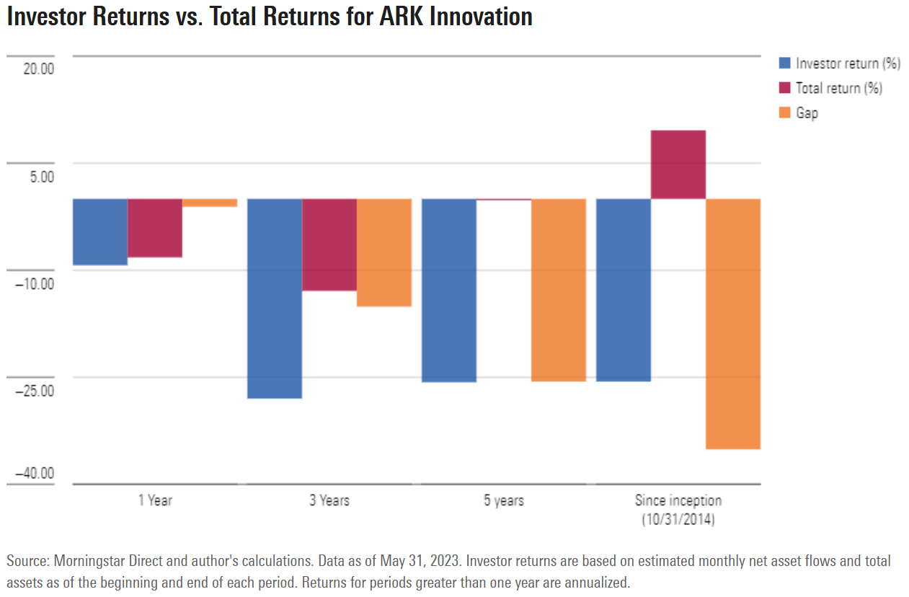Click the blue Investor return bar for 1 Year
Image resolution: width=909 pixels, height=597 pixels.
pyautogui.click(x=100, y=231)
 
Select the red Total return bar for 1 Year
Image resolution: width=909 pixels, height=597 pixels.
pyautogui.click(x=155, y=228)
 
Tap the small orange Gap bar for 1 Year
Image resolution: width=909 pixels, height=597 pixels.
pyautogui.click(x=210, y=203)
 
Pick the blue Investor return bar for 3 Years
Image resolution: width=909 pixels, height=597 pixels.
pyautogui.click(x=275, y=298)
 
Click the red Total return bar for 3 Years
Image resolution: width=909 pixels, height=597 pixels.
pyautogui.click(x=329, y=244)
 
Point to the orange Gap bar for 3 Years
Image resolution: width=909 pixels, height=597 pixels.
pyautogui.click(x=384, y=252)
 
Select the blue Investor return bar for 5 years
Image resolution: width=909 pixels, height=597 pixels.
pyautogui.click(x=449, y=290)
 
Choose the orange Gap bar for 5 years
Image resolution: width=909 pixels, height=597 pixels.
pyautogui.click(x=559, y=290)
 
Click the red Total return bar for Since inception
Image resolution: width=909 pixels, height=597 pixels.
pyautogui.click(x=678, y=164)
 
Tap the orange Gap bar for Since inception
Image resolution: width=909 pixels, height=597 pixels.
pyautogui.click(x=733, y=324)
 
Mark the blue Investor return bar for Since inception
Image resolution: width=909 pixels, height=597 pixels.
pyautogui.click(x=624, y=290)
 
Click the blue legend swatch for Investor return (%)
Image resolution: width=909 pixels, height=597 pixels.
pyautogui.click(x=785, y=63)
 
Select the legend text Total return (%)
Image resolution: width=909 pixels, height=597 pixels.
pyautogui.click(x=839, y=88)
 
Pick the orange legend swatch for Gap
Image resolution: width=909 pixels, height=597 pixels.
pyautogui.click(x=785, y=112)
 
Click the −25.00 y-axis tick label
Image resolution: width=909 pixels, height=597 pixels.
pyautogui.click(x=35, y=390)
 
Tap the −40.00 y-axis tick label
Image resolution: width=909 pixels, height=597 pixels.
pyautogui.click(x=35, y=473)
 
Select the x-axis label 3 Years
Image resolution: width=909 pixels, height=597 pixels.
pyautogui.click(x=329, y=500)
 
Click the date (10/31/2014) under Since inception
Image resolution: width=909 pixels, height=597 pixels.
pyautogui.click(x=678, y=518)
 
